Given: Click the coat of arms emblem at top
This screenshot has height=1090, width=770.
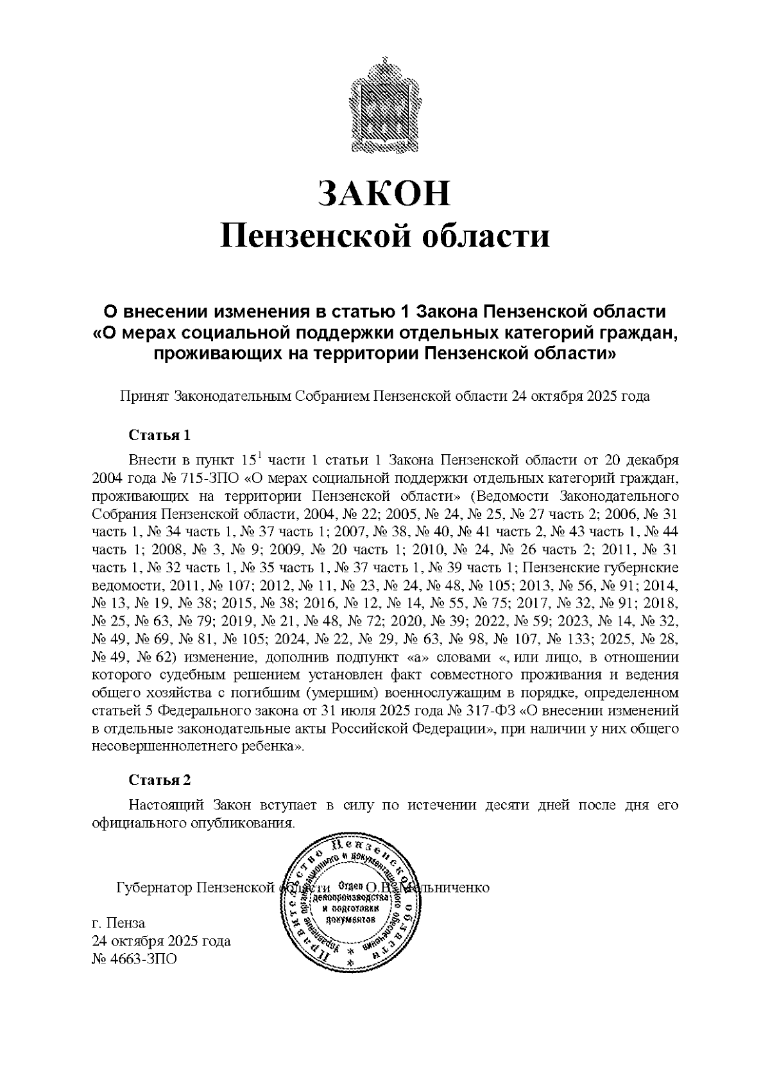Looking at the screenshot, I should coord(384,105).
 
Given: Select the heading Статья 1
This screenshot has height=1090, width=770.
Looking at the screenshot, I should coord(160,435).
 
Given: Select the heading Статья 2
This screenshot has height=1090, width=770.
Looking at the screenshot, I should coord(160,780).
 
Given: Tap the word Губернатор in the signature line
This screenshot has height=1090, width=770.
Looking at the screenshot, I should coord(154,888).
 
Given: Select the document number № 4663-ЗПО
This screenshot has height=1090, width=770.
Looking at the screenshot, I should coord(133,959).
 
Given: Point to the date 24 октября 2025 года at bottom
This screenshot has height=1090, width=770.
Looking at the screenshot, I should coord(161,942).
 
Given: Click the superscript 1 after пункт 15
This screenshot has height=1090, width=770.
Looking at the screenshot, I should coord(259,457).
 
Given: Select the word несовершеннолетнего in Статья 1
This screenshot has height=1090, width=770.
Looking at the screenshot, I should coord(163,748).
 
